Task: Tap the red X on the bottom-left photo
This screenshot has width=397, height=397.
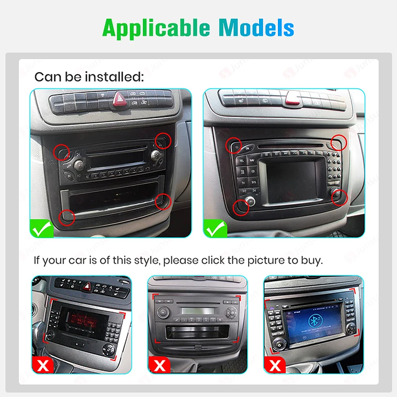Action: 43,364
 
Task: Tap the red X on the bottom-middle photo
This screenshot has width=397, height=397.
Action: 159,364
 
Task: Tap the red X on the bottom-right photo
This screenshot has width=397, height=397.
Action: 275,364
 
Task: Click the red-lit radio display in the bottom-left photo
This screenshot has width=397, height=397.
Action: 76,317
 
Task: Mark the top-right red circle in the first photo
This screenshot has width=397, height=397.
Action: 163,140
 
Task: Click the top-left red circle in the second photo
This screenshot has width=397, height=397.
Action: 233,145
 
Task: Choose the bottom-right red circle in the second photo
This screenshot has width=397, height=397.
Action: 340,196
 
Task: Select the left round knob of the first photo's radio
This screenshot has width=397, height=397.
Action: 78,166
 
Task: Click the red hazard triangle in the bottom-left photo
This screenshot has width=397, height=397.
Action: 87,286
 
